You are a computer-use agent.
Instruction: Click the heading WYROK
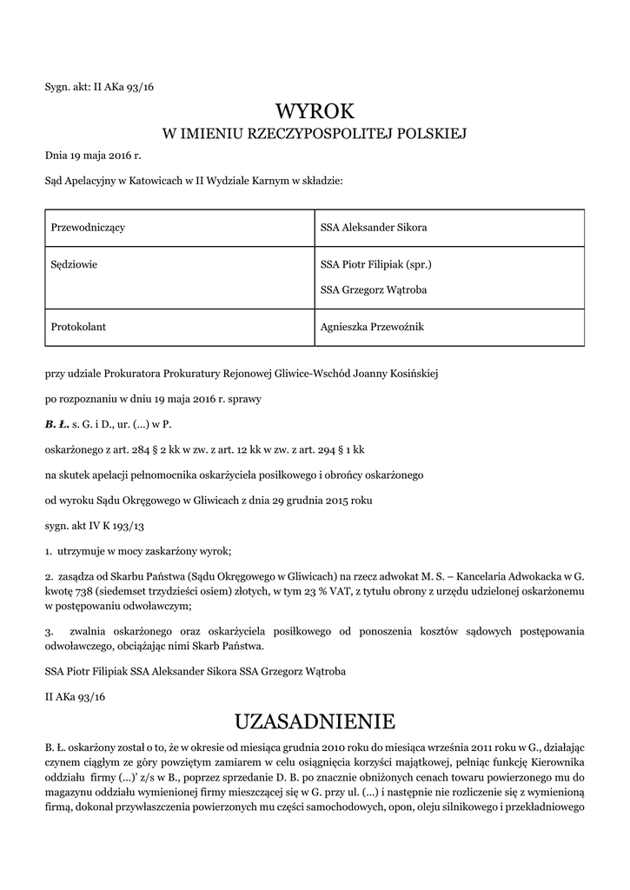point(315,111)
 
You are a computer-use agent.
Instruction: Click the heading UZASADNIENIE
point(315,721)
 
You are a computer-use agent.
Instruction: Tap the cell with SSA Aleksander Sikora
point(374,228)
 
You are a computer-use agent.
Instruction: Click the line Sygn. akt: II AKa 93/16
point(99,87)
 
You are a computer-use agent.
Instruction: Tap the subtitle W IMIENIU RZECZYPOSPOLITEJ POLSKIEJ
point(315,135)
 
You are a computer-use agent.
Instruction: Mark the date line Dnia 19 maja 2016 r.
point(92,157)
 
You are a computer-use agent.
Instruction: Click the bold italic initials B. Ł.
point(56,425)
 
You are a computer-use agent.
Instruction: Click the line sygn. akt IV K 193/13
point(94,527)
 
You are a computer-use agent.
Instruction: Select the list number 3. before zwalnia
point(49,630)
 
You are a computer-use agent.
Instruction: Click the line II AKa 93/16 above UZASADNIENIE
point(75,697)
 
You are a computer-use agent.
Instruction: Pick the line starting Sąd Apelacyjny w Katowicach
point(194,181)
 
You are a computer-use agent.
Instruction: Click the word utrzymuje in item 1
point(80,552)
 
